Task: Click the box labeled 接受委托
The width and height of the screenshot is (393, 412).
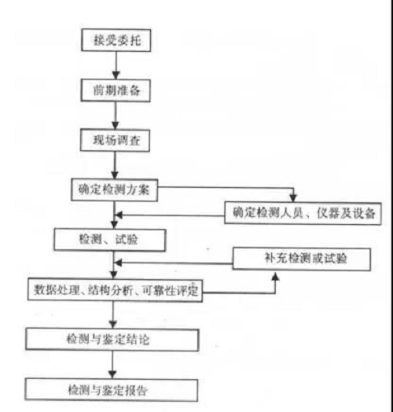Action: pos(116,40)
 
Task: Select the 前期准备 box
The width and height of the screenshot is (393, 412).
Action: pos(116,90)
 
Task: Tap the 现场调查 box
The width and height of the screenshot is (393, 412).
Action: pos(115,140)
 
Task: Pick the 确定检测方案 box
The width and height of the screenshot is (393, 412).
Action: pos(114,190)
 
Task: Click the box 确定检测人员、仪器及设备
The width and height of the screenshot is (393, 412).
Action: pos(303,213)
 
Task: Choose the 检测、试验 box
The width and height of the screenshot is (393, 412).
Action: pos(110,240)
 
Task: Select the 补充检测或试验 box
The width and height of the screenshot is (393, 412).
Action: pos(302,259)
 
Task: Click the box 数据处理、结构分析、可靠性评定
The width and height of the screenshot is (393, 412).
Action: pos(115,290)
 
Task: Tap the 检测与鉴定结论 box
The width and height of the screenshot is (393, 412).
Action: pos(112,340)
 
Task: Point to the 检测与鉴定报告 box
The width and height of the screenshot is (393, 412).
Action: pos(112,390)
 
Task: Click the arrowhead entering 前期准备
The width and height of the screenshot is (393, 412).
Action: pos(116,75)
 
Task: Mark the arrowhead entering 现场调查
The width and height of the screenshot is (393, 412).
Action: pos(116,125)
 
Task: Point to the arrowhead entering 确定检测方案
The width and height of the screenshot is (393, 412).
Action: pos(115,175)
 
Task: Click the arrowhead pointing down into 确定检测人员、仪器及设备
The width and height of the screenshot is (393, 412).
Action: pos(293,198)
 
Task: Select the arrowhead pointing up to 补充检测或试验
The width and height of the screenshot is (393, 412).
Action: pos(275,277)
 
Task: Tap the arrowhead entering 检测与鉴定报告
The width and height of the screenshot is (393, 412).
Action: pos(112,375)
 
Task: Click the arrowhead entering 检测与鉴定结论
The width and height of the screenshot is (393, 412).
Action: pos(113,324)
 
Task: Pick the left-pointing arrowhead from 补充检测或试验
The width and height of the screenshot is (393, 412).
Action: pos(119,263)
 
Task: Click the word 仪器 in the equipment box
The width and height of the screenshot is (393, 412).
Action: pos(329,213)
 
